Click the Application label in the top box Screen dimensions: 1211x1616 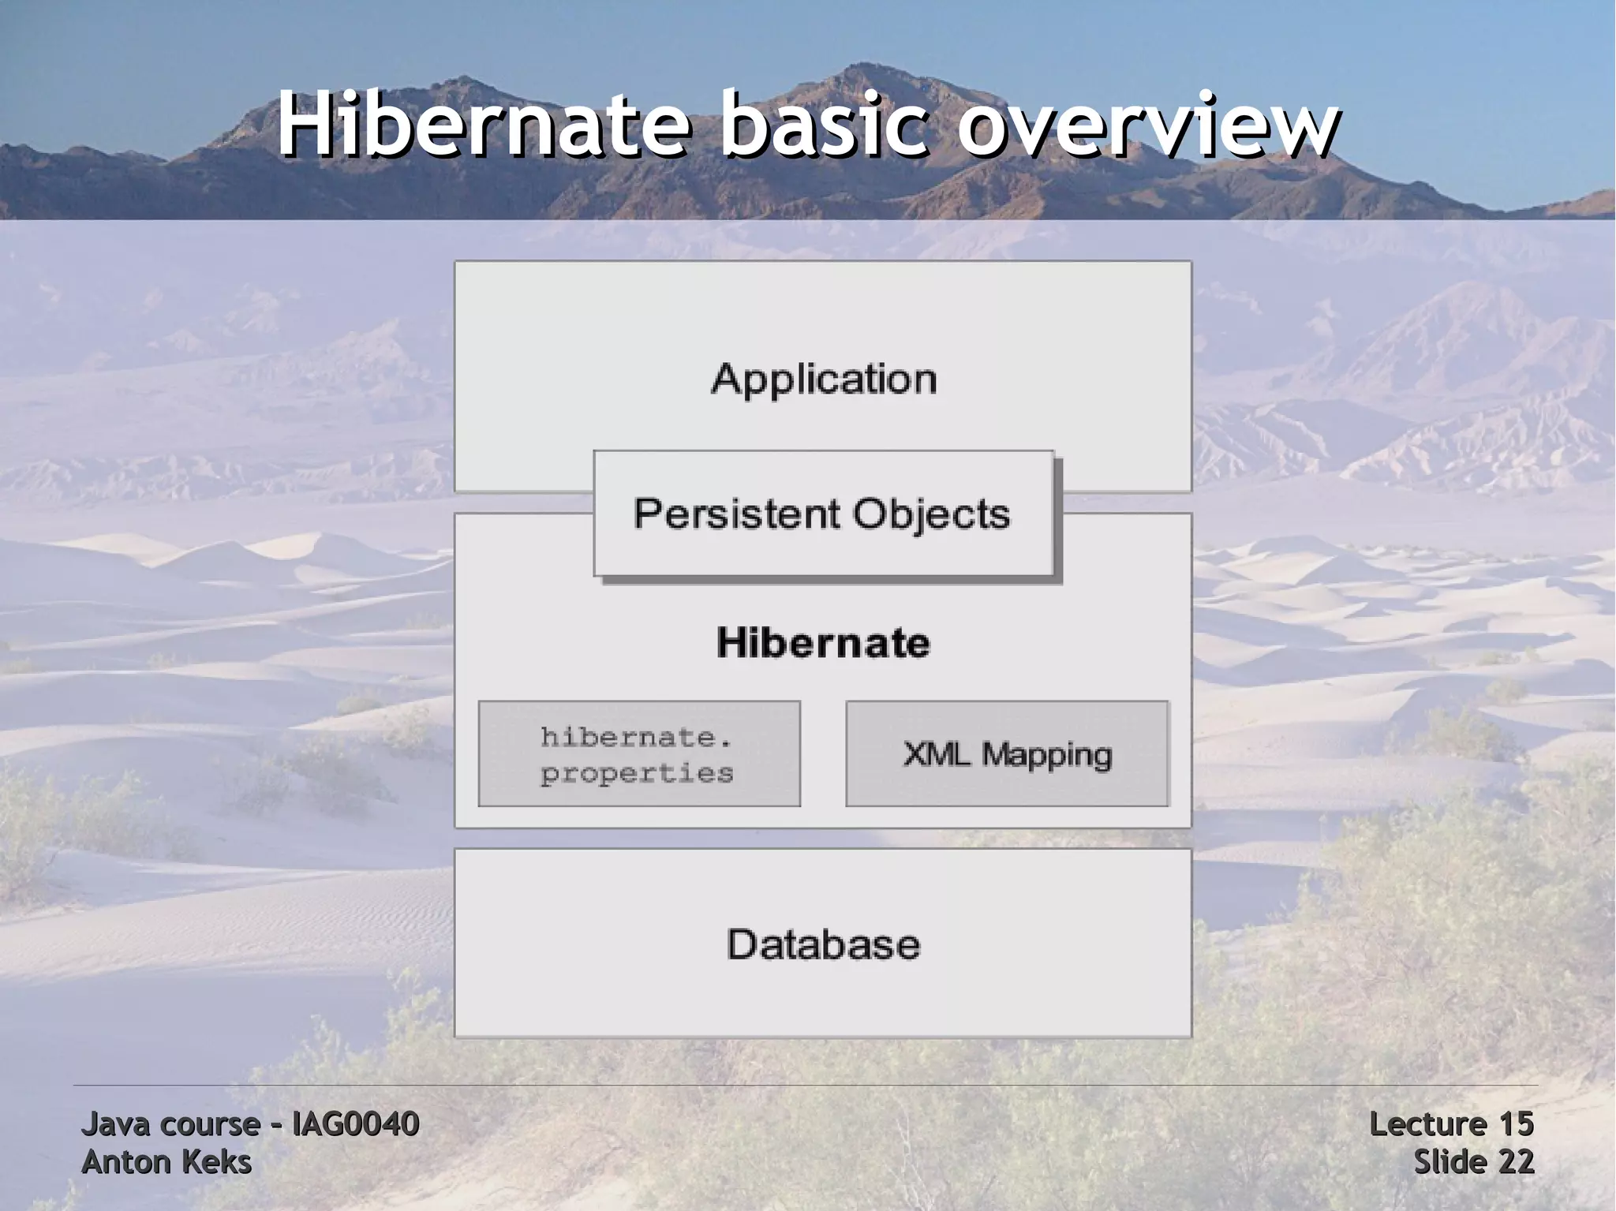coord(824,380)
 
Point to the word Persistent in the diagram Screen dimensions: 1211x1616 coord(735,514)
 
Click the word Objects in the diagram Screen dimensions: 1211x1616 coord(931,514)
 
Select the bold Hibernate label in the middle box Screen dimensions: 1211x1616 coord(823,642)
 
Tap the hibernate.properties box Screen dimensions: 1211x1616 coord(639,753)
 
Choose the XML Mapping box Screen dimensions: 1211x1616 coord(1007,753)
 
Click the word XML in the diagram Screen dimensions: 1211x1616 coord(937,754)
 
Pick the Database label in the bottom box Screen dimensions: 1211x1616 coord(823,944)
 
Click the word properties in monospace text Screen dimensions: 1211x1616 coord(637,773)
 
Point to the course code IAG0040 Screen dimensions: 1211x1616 coord(355,1124)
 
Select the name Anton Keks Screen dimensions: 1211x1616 coord(166,1162)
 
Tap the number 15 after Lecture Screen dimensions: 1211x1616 coord(1516,1124)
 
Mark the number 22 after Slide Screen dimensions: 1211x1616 coord(1516,1162)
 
